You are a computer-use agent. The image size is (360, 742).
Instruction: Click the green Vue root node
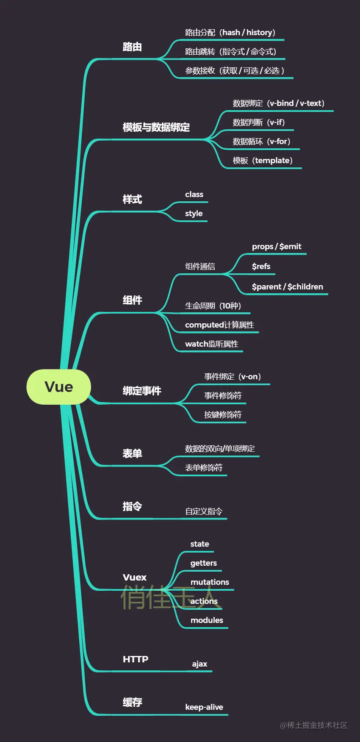pos(59,386)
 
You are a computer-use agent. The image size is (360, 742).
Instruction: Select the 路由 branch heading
pos(132,47)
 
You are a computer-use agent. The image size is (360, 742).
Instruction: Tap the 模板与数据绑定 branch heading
pos(156,127)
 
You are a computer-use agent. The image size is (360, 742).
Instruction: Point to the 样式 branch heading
pos(132,199)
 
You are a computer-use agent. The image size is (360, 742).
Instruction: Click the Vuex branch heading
pos(135,577)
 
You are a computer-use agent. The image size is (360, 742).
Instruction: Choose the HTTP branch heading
pos(136,659)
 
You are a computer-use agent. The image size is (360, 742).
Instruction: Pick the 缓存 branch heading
pos(132,702)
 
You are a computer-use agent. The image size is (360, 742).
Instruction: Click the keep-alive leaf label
pos(204,707)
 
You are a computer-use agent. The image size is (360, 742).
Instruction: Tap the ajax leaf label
pos(199,664)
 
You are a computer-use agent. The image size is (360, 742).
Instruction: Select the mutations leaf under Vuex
pos(210,582)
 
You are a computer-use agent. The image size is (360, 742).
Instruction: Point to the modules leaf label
pos(207,620)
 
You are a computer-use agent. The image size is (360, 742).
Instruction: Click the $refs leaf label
pos(261,266)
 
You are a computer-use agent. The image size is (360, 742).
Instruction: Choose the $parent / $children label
pos(287,286)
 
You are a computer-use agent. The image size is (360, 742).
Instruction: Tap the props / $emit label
pos(277,246)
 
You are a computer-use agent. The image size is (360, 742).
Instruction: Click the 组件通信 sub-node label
pos(200,266)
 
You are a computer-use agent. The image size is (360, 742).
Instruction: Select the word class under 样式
pos(194,194)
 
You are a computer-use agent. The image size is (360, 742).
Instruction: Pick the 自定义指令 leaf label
pos(204,511)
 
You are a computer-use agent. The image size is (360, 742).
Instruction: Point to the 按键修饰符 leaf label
pos(223,414)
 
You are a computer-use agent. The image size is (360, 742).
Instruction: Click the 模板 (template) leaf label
pos(263,160)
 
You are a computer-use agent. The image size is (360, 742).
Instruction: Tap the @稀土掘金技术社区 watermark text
pos(313,725)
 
